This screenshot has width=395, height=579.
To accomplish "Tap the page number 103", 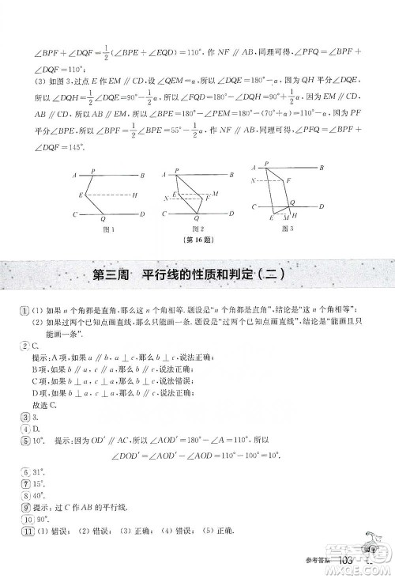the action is click(x=349, y=561).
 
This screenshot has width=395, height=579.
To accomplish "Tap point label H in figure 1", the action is click(x=135, y=195).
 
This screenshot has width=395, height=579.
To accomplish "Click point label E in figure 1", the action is click(x=81, y=195).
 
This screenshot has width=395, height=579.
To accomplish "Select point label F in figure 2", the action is click(x=207, y=199).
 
